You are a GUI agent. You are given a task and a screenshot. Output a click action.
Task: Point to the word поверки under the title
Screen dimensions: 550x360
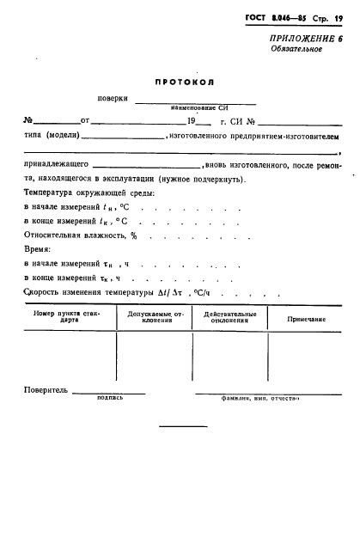click(114, 101)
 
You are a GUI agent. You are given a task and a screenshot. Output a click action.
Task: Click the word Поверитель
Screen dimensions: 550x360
click(46, 391)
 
